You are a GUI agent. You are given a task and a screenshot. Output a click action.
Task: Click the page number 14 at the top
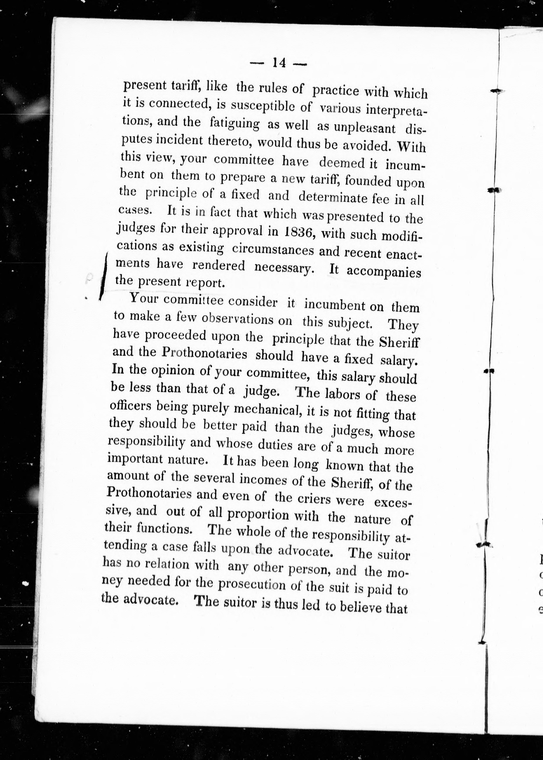pos(278,63)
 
